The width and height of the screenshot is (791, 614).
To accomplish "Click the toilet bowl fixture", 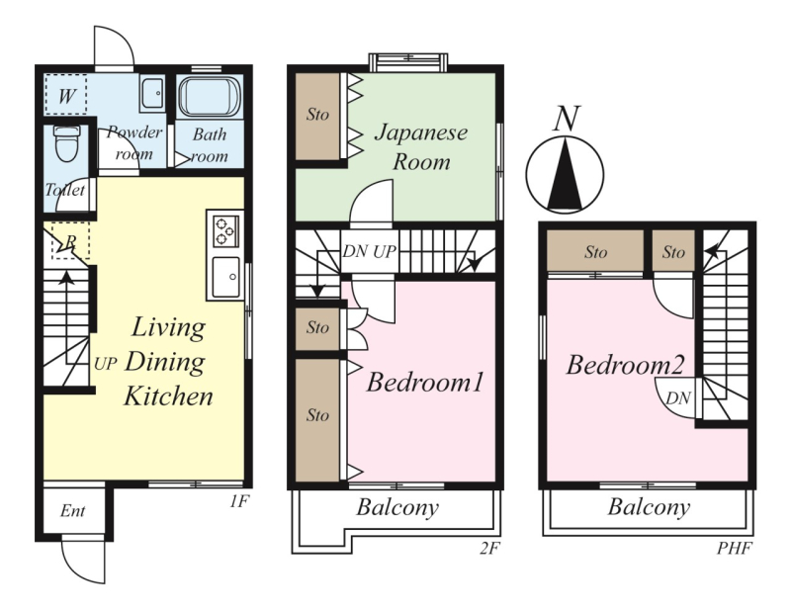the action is (67, 143).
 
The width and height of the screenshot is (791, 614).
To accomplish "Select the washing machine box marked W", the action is (65, 94).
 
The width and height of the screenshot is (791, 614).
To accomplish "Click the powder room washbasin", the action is (152, 94).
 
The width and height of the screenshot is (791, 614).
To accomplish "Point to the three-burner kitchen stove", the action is (225, 231).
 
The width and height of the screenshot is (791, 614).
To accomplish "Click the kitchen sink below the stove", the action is (225, 277).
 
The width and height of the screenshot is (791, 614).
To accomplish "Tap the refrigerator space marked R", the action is (70, 241).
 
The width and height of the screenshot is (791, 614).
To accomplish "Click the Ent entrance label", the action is (72, 510).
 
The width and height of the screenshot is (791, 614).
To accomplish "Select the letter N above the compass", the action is (567, 119).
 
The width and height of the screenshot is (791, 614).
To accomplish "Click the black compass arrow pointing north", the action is (565, 174).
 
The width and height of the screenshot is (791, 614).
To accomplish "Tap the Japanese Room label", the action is (421, 146).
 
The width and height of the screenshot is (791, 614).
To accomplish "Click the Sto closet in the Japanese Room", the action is (317, 116).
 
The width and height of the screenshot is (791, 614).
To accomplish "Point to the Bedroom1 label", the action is (425, 382).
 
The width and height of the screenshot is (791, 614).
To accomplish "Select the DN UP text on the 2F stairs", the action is (369, 251).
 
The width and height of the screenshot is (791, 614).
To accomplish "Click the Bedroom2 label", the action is (625, 364).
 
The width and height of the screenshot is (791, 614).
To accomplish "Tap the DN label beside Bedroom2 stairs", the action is (678, 398).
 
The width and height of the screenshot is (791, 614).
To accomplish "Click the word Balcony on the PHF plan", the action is (649, 507).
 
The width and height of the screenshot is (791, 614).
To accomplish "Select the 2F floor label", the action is (488, 548).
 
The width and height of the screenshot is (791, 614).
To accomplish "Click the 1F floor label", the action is (239, 501).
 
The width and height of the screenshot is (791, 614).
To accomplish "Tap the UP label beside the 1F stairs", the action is (106, 363).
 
